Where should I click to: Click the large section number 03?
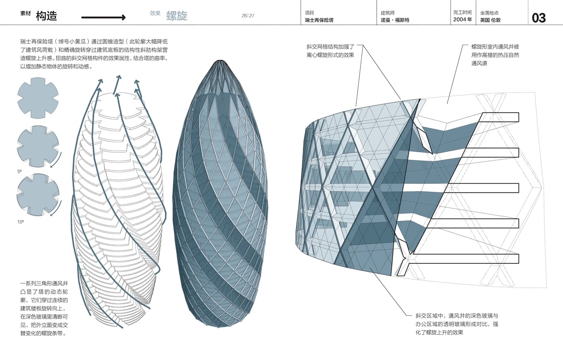[x=539, y=18]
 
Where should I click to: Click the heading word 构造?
[x=46, y=16]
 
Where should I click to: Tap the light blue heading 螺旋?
[x=177, y=16]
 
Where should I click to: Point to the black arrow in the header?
[x=103, y=17]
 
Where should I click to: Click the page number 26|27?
[x=248, y=16]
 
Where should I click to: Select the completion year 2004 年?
[x=463, y=20]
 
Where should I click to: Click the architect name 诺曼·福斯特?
[x=395, y=20]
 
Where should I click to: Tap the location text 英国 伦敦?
[x=490, y=20]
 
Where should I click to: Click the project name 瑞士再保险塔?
[x=319, y=20]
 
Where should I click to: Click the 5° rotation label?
[x=20, y=171]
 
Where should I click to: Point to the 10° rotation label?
[x=20, y=222]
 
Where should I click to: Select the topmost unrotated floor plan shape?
[x=38, y=98]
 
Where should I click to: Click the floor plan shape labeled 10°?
[x=38, y=194]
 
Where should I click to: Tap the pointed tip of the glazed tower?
[x=221, y=60]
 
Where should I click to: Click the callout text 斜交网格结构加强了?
[x=330, y=47]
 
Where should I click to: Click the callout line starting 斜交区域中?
[x=457, y=316]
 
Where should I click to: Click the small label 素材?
[x=26, y=13]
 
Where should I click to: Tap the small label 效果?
[x=155, y=13]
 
